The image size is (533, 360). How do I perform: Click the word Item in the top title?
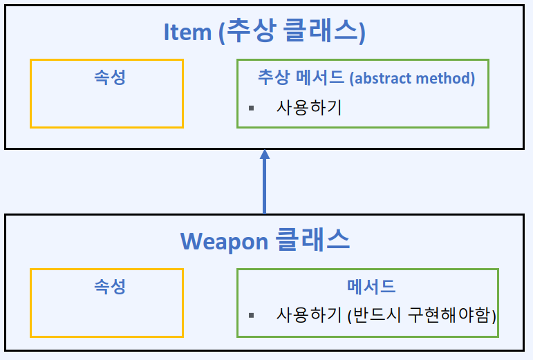(188, 32)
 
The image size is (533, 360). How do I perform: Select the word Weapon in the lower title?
(224, 241)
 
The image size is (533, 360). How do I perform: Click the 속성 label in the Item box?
(110, 77)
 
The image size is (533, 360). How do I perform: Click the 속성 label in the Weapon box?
(110, 286)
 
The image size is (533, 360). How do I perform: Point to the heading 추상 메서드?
(301, 77)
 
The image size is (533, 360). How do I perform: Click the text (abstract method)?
(413, 78)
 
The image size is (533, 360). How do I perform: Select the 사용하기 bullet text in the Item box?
(309, 108)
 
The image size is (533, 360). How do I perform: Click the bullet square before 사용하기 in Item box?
(252, 108)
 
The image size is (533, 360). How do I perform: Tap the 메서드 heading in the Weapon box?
(371, 286)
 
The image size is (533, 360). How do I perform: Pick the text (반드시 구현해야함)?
(422, 315)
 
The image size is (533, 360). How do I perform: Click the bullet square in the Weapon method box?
(252, 315)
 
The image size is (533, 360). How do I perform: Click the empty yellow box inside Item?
(106, 107)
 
